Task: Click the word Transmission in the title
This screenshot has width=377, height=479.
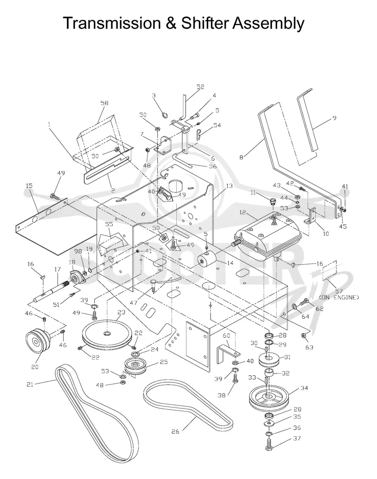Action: [112, 23]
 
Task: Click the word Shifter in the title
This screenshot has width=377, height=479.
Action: [205, 23]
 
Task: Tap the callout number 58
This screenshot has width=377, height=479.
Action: [105, 103]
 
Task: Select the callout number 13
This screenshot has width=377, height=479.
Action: [229, 186]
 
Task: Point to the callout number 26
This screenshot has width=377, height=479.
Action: [175, 432]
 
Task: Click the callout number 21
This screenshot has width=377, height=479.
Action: [30, 384]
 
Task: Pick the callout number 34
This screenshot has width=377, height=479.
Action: [304, 388]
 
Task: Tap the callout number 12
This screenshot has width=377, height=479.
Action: [243, 212]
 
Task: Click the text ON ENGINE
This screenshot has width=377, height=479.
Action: [339, 297]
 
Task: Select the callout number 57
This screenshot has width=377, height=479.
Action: [339, 291]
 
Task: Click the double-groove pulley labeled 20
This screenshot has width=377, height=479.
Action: [38, 341]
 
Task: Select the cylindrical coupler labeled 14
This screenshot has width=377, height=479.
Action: [207, 259]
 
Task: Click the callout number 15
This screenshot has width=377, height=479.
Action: [29, 186]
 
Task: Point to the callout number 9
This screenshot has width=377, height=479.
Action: [334, 117]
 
